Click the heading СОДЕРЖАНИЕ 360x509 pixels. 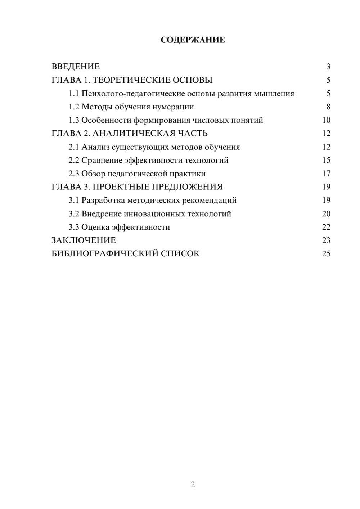tap(193, 40)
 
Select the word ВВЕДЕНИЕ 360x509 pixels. tap(76, 67)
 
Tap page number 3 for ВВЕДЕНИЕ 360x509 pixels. tap(328, 67)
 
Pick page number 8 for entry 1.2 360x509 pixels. tap(328, 107)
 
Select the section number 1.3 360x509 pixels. tap(74, 120)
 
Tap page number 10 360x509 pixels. tap(326, 120)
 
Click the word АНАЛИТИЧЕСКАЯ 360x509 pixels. tap(134, 134)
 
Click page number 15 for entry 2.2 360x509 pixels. tap(326, 160)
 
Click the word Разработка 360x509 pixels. tap(103, 200)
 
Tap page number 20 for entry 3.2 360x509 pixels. tap(326, 214)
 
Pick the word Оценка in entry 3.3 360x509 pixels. tap(95, 227)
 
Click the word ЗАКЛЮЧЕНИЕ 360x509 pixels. tap(84, 240)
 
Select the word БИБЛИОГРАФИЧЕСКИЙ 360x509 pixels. tap(105, 254)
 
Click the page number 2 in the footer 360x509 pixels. tap(193, 485)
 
